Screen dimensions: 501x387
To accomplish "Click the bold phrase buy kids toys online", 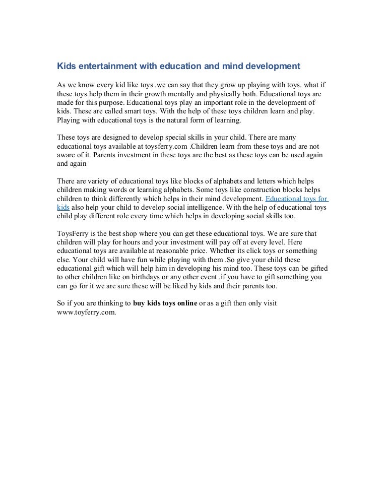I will (x=165, y=303).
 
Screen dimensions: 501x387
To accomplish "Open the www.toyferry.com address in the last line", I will (x=87, y=311).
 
